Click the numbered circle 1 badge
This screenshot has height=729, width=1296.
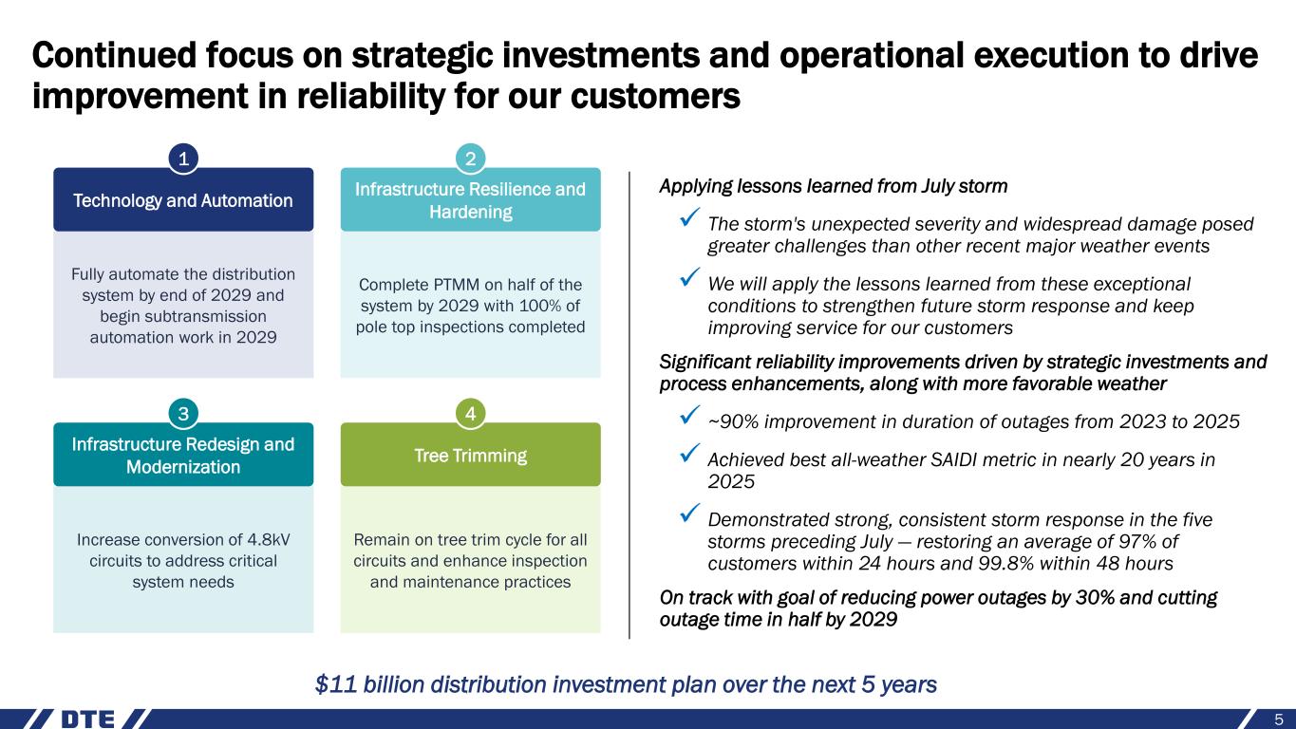point(183,159)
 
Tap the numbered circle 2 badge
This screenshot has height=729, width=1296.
point(470,159)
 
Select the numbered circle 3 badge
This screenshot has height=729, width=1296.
point(183,414)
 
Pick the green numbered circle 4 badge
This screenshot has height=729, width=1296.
point(470,414)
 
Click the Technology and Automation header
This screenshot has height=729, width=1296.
point(183,199)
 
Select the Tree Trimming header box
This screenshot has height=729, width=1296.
point(470,454)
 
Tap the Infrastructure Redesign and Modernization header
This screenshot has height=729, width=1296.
point(183,454)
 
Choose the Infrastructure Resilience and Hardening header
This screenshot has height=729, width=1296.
point(470,199)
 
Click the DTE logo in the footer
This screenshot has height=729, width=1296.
point(88,720)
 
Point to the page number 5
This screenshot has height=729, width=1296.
point(1279,720)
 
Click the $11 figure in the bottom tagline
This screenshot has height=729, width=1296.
point(337,684)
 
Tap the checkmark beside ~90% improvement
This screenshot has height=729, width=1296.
point(689,415)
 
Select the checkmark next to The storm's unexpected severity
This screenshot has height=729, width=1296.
point(689,217)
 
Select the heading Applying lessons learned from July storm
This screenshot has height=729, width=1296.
point(834,186)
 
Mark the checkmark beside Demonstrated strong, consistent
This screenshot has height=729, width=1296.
point(689,513)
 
